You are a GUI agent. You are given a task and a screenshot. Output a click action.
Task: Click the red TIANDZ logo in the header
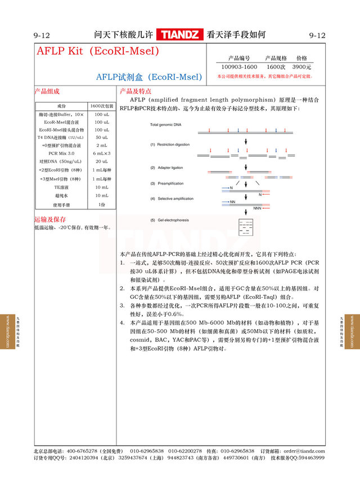tap(180, 35)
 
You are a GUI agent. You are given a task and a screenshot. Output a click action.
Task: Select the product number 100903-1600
tap(239, 67)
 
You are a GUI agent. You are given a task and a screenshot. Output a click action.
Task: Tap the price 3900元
tap(301, 67)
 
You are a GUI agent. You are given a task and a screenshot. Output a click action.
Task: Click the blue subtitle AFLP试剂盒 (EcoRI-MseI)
tap(148, 77)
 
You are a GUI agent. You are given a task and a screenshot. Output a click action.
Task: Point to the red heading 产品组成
tap(47, 91)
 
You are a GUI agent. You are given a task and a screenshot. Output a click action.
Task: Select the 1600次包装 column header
tap(102, 106)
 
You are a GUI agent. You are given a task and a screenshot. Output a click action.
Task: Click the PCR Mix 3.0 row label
tap(61, 153)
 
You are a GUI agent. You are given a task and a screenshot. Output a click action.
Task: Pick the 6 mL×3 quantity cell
tap(102, 153)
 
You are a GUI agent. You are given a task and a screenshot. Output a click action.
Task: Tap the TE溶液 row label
tap(61, 187)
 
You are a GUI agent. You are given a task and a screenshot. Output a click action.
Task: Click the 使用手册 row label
tap(61, 205)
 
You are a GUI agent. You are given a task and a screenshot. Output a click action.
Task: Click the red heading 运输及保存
tap(50, 219)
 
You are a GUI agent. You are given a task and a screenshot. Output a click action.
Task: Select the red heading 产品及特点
tap(135, 91)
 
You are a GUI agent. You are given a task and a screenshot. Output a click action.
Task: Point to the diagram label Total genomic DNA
tap(166, 124)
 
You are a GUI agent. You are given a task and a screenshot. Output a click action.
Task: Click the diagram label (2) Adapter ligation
tap(166, 168)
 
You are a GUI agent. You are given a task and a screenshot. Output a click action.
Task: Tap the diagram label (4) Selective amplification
tap(172, 199)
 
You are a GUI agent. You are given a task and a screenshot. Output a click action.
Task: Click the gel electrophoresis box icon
tap(246, 226)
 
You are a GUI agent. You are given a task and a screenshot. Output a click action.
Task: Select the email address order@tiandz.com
tap(304, 451)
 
